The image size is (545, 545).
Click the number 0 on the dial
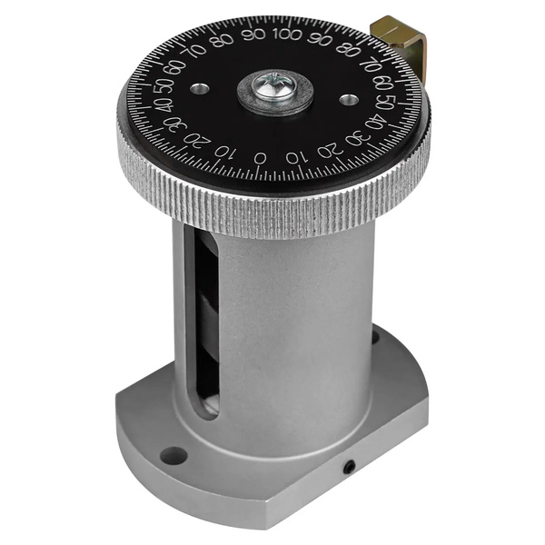pyautogui.click(x=260, y=158)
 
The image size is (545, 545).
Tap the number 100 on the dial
pyautogui.click(x=287, y=35)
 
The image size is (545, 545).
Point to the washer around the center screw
pyautogui.click(x=274, y=93)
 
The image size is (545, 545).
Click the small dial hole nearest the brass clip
pyautogui.click(x=349, y=101)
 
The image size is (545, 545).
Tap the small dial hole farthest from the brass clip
pyautogui.click(x=200, y=88)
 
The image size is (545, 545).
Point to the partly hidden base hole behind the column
pyautogui.click(x=375, y=336)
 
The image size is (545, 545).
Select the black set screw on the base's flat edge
pyautogui.click(x=350, y=468)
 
